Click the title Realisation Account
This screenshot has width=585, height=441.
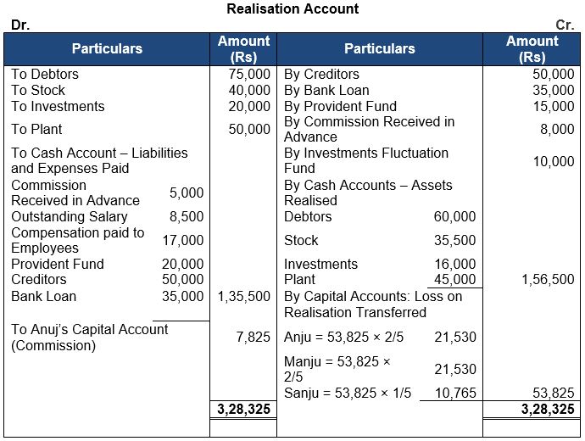click(292, 9)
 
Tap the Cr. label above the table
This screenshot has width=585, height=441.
click(565, 25)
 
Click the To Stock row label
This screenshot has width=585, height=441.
click(38, 90)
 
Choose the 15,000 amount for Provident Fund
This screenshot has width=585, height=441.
click(553, 106)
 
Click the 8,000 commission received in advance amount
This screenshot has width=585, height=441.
click(556, 129)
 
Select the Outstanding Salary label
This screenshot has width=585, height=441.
click(58, 216)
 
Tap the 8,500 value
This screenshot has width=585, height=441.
click(187, 216)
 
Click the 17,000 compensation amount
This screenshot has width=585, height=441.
click(183, 240)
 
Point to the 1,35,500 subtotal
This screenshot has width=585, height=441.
click(244, 296)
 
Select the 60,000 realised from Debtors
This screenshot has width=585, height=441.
click(454, 216)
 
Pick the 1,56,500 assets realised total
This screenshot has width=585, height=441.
click(548, 279)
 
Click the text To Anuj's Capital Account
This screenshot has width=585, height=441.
click(90, 329)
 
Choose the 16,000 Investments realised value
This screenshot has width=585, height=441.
click(454, 264)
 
